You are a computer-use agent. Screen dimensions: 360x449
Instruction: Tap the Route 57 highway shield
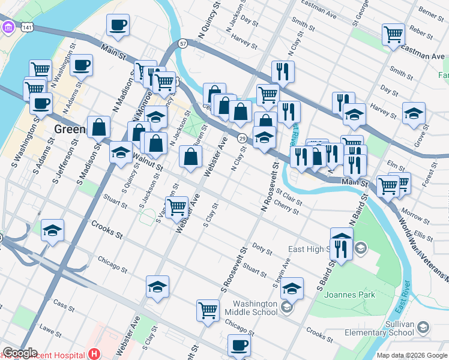click(183, 43)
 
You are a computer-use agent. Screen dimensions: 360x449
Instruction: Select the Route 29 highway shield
click(241, 139)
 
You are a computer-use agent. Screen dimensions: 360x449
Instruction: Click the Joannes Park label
click(349, 295)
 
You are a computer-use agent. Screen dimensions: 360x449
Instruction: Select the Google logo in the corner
click(19, 353)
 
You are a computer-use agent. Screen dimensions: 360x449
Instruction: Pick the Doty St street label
click(262, 247)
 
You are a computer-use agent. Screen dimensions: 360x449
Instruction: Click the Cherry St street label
click(286, 207)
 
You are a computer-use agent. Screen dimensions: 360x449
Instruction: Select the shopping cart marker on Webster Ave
click(176, 207)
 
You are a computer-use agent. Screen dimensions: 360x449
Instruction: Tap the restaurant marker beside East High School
click(341, 248)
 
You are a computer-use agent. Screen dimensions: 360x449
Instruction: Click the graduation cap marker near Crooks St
click(53, 230)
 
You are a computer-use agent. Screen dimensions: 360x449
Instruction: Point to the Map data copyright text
click(411, 355)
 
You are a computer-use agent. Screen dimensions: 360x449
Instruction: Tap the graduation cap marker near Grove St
click(414, 113)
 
